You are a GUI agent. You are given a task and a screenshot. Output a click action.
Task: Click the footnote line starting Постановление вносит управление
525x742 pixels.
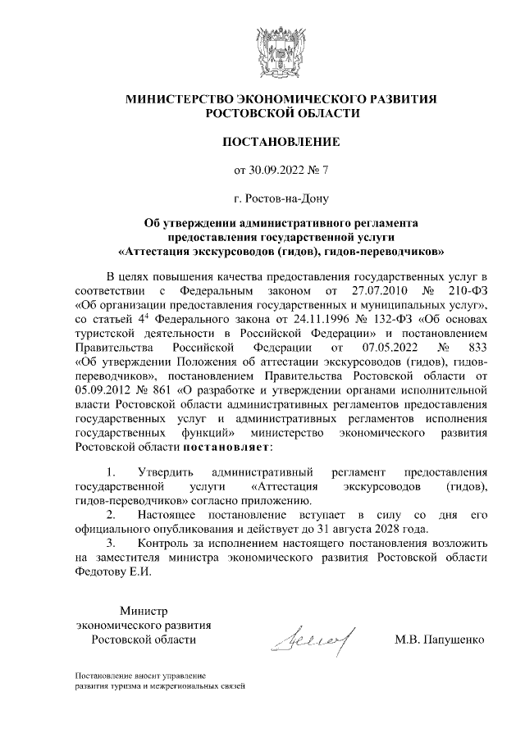point(139,675)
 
